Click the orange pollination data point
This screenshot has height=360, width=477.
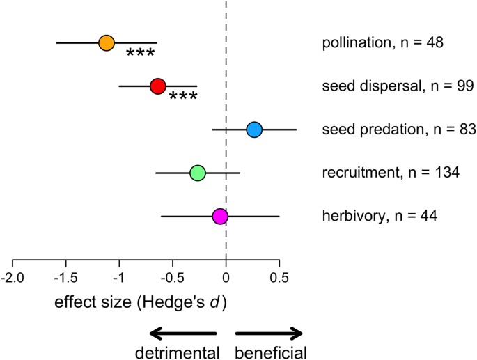[106, 43]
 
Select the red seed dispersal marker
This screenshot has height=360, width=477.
[157, 86]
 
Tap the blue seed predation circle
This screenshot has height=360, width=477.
[253, 130]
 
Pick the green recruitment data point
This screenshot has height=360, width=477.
[198, 173]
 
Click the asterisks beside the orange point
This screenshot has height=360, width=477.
[140, 54]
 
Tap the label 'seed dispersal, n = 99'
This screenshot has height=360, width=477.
[398, 86]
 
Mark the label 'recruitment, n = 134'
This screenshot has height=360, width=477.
[391, 173]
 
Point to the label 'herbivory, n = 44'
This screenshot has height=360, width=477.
[382, 216]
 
